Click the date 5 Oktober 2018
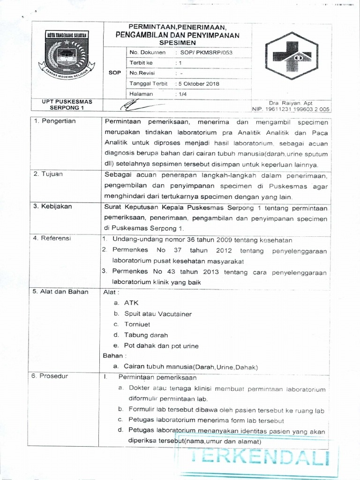pos(197,84)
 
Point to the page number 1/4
pos(180,94)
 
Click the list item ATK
pos(131,303)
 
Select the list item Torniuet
pos(137,324)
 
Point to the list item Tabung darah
pos(146,335)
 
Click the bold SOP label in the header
pos(115,73)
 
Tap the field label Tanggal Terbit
pos(148,84)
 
